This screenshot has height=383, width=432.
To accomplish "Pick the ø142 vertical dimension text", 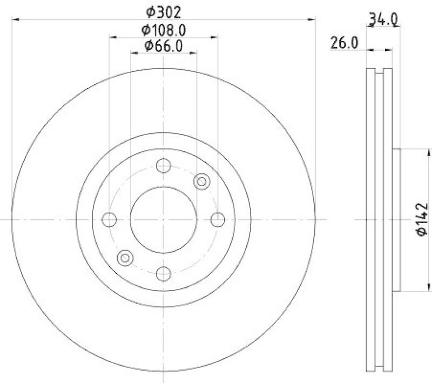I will pyautogui.click(x=422, y=219).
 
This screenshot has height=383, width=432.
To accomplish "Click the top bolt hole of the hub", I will pyautogui.click(x=163, y=165).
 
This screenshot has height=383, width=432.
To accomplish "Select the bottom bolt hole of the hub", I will pyautogui.click(x=163, y=274).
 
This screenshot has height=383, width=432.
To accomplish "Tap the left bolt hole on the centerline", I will pyautogui.click(x=109, y=220).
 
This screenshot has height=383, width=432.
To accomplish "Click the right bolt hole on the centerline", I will pyautogui.click(x=217, y=220).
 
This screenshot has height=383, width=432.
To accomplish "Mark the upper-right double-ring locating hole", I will pyautogui.click(x=201, y=182).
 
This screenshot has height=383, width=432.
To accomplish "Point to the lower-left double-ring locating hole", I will pyautogui.click(x=125, y=258).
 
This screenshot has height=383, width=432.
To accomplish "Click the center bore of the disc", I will pyautogui.click(x=163, y=220).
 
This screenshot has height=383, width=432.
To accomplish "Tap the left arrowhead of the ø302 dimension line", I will pyautogui.click(x=15, y=19).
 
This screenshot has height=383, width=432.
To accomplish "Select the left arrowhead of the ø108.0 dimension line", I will pyautogui.click(x=112, y=37).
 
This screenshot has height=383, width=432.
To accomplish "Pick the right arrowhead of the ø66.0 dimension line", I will pyautogui.click(x=194, y=53).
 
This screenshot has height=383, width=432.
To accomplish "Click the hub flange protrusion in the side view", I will pyautogui.click(x=396, y=220).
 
